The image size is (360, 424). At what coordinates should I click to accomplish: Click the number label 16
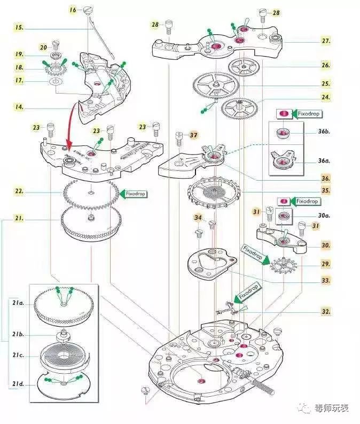(x=73, y=10)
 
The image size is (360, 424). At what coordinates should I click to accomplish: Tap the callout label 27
(x=325, y=41)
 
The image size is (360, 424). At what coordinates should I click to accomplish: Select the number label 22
(x=19, y=191)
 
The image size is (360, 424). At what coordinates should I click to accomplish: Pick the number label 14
(x=19, y=107)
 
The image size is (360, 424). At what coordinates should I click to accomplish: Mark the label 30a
(x=325, y=216)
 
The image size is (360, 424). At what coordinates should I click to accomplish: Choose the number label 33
(x=325, y=280)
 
